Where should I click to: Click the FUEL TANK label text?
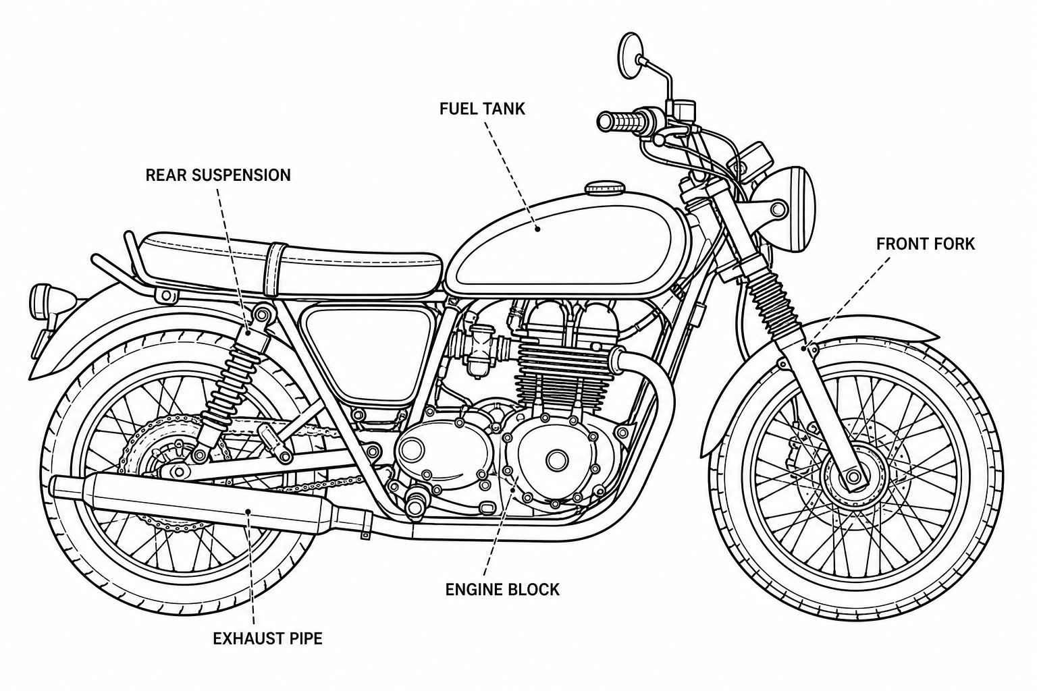482,109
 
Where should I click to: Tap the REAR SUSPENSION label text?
218,175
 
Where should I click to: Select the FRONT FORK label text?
926,244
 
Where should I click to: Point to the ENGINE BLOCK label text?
502,589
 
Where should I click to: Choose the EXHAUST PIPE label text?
267,638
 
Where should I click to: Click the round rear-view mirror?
630,55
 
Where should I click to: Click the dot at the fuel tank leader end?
537,229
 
